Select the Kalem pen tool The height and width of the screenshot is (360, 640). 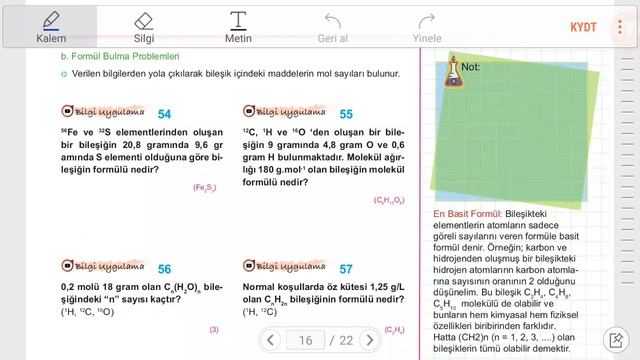pos(51,26)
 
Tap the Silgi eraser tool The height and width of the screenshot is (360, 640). pos(144,26)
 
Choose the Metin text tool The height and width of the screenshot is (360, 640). pos(238,26)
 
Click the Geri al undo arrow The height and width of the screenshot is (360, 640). pos(332,26)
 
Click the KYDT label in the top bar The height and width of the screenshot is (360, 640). pos(583,26)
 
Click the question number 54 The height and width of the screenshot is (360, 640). pos(164,114)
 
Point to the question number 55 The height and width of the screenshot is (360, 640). pos(346,114)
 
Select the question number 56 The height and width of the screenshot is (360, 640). pos(164,269)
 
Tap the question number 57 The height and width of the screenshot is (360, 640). pos(346,269)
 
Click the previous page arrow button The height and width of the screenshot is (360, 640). pos(271,340)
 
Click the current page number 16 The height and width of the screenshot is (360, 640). pos(306,340)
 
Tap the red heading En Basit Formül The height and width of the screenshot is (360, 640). pos(467,214)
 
